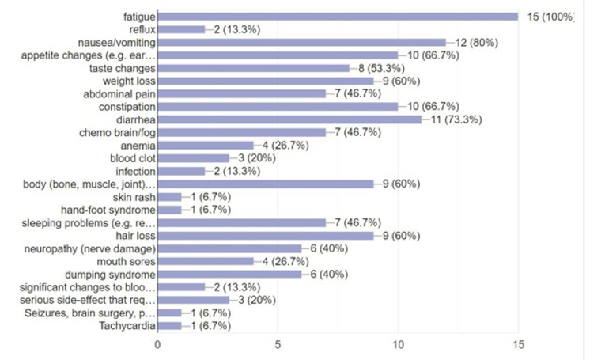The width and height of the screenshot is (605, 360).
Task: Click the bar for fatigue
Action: coord(338,16)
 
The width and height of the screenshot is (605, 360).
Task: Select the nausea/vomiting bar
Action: coord(301,42)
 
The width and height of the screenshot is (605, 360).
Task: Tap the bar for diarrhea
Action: coord(289,119)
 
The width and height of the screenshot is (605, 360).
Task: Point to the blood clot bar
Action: coord(194,158)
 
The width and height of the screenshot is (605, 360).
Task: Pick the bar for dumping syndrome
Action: coord(229,274)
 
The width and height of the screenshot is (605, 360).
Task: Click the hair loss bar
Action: coord(266,236)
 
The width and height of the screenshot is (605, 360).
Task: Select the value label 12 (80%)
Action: coord(473,42)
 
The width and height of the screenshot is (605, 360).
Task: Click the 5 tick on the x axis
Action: coord(278,344)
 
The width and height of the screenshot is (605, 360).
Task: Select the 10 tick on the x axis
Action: coord(399,344)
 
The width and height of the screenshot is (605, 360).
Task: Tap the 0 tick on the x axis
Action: coord(157,344)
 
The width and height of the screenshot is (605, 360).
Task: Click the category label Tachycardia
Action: coord(127,325)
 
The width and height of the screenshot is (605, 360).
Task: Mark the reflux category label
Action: coord(142,29)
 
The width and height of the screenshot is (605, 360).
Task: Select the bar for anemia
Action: coord(206,146)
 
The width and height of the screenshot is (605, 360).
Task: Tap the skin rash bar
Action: coord(169,197)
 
